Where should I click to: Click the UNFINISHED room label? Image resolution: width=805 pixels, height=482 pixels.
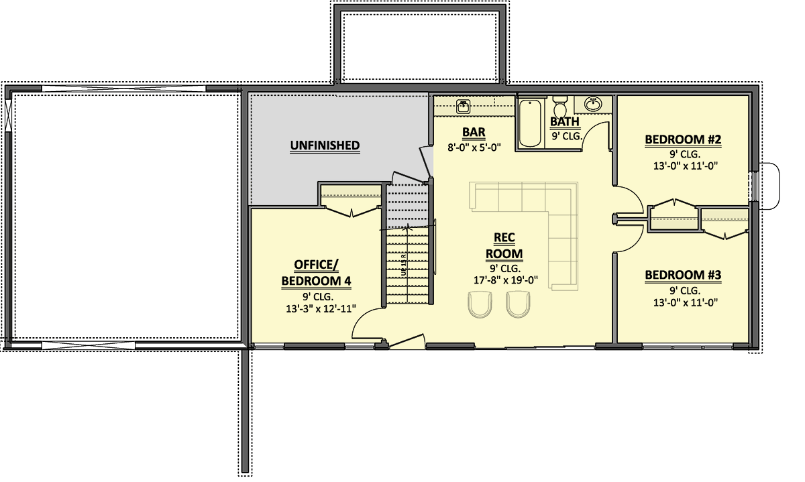tap(325, 145)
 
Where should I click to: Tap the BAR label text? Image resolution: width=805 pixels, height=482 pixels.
tap(474, 132)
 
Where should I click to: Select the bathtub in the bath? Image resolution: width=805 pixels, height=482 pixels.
tap(529, 123)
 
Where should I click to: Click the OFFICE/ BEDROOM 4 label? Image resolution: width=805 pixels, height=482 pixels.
tap(316, 272)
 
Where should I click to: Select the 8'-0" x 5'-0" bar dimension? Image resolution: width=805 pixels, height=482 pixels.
tap(474, 148)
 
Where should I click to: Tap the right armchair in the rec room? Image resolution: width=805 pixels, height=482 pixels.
tap(517, 306)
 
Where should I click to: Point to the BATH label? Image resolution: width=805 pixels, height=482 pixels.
tap(565, 121)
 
